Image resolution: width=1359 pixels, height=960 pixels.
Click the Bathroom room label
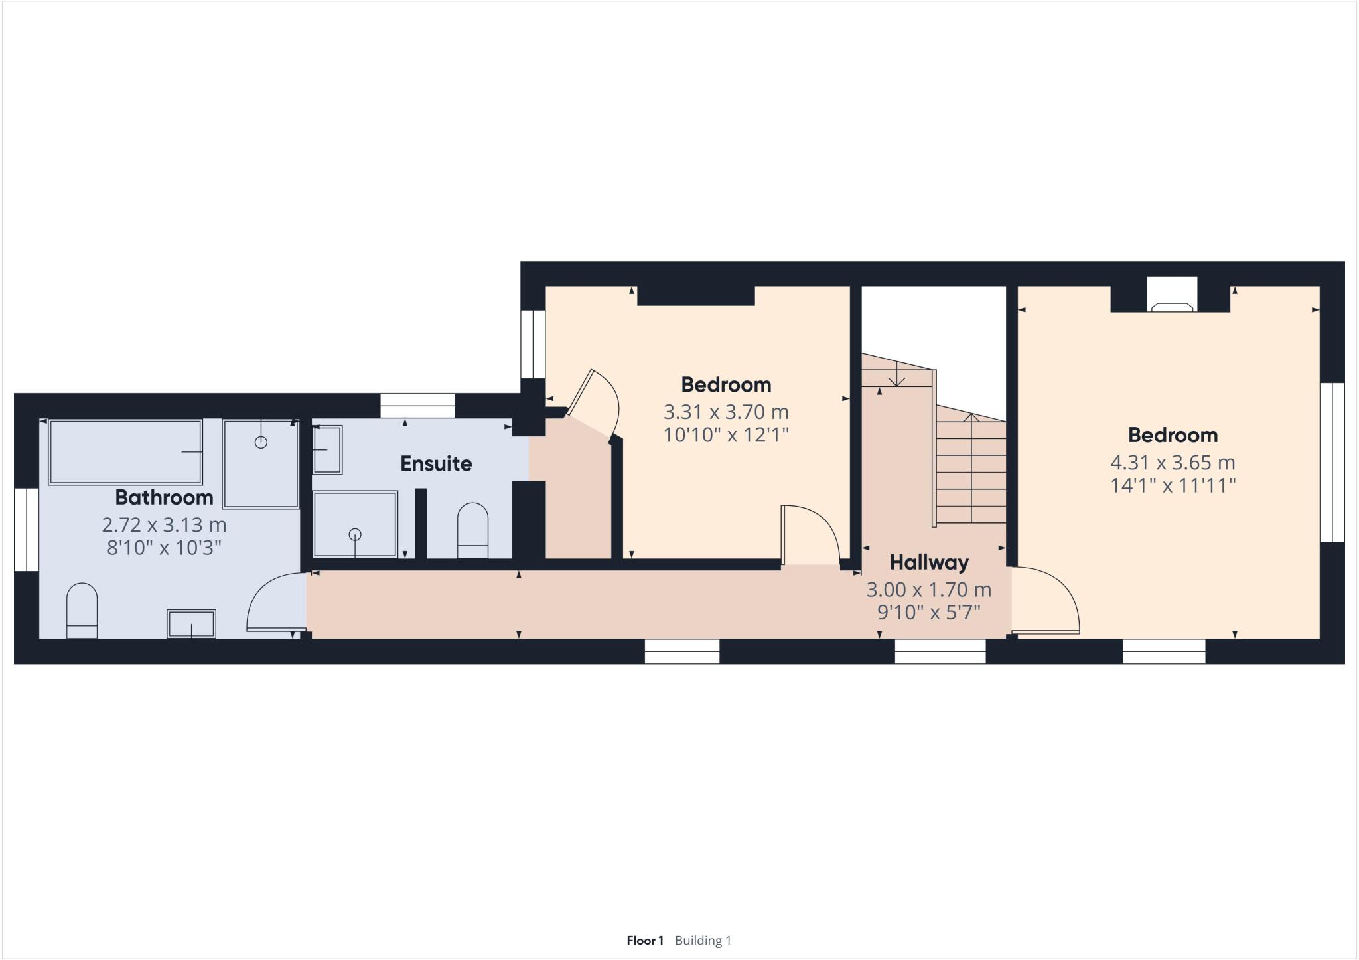point(164,497)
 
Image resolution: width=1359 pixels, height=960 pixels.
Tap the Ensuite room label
point(436,463)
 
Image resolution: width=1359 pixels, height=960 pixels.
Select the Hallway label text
point(928,562)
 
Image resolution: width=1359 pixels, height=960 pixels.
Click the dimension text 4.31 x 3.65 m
point(1173,462)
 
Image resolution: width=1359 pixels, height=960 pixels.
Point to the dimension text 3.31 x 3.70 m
point(726,412)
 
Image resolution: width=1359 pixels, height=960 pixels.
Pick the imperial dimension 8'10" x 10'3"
point(164,548)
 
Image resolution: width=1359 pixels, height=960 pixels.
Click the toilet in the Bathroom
point(82,610)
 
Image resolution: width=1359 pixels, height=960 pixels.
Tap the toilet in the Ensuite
point(472,530)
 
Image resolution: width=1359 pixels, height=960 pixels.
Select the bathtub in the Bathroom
point(125,451)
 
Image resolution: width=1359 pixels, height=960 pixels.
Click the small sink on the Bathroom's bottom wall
point(191,624)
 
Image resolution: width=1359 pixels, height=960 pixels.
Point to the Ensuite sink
point(327,449)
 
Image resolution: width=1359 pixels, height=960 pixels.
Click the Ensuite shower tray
point(355,524)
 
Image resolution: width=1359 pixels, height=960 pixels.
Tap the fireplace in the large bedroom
point(1172,300)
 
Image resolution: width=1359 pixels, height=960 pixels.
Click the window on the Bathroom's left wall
point(27,529)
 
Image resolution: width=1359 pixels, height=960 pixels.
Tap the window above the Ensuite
point(417,405)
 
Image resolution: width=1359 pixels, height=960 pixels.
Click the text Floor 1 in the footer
point(645,940)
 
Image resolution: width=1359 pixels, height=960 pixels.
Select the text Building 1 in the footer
point(703,940)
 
